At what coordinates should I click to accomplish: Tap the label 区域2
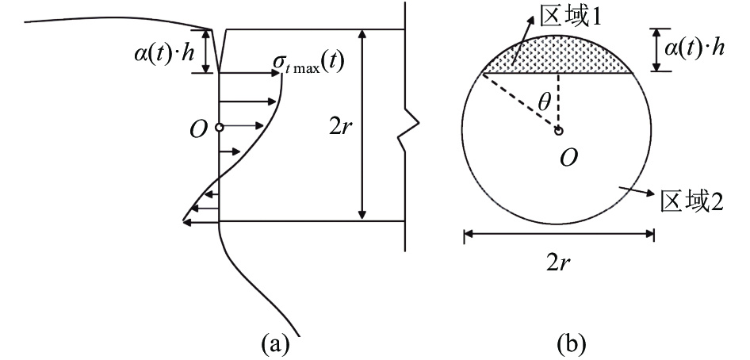[x=691, y=201]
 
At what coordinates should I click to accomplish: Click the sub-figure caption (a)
[x=275, y=343]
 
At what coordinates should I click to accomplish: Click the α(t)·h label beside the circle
[x=693, y=48]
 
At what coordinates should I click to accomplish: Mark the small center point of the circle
[x=558, y=130]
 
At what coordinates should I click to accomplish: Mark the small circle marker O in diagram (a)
[x=219, y=128]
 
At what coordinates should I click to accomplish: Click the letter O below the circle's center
[x=568, y=159]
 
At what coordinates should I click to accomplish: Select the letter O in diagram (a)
[x=198, y=129]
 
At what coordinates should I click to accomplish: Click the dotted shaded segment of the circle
[x=557, y=56]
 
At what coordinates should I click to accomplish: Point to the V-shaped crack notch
[x=219, y=51]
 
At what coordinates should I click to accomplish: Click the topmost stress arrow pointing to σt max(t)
[x=249, y=73]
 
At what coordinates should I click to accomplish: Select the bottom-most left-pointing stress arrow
[x=201, y=221]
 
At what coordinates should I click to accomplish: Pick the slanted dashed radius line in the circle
[x=520, y=101]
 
